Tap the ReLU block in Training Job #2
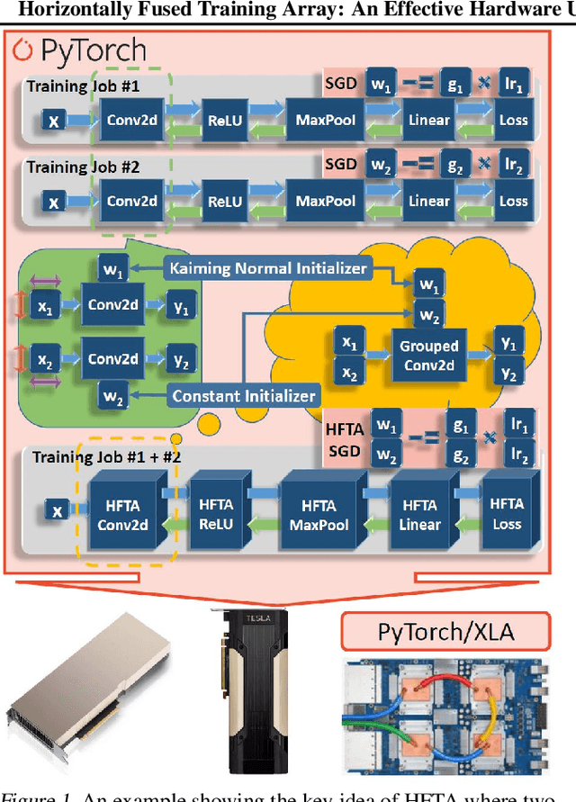tap(225, 201)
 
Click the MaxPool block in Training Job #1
tap(326, 121)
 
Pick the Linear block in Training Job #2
tap(428, 201)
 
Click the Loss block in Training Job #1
tap(514, 121)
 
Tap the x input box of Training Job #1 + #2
tap(58, 511)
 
